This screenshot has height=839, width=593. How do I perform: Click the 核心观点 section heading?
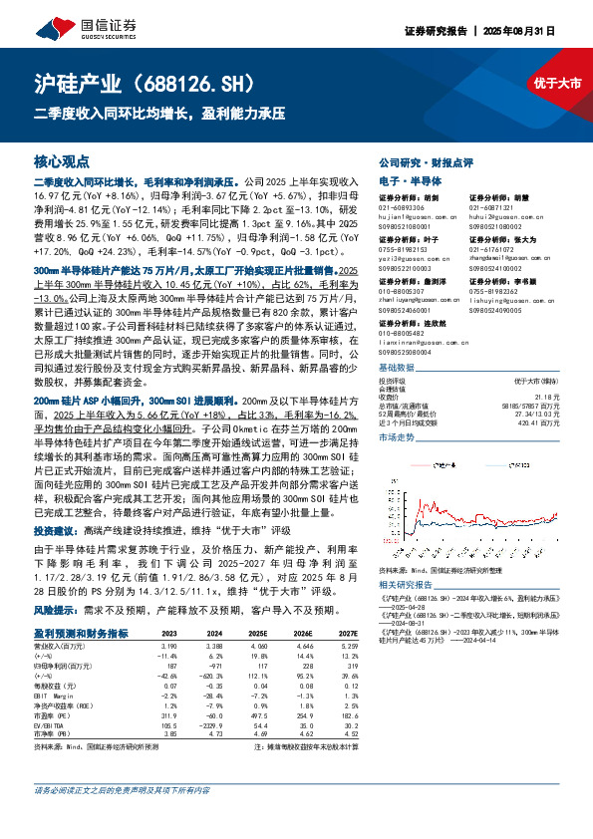(x=62, y=160)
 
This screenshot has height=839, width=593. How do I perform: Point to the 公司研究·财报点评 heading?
(x=419, y=161)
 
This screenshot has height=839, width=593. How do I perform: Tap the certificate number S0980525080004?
(x=410, y=352)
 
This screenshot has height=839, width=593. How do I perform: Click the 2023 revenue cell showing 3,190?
(x=169, y=646)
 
